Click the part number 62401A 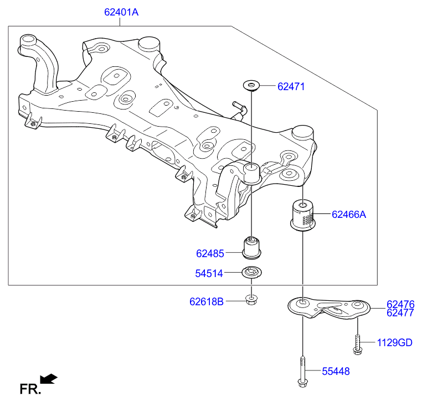click(x=121, y=12)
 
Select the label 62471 click(x=291, y=86)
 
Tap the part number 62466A click(x=349, y=215)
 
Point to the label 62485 click(x=210, y=253)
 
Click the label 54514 click(x=209, y=273)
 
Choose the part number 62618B click(x=207, y=301)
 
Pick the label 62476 click(x=400, y=305)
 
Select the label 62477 click(x=400, y=313)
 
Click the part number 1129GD click(x=394, y=343)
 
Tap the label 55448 click(x=336, y=371)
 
